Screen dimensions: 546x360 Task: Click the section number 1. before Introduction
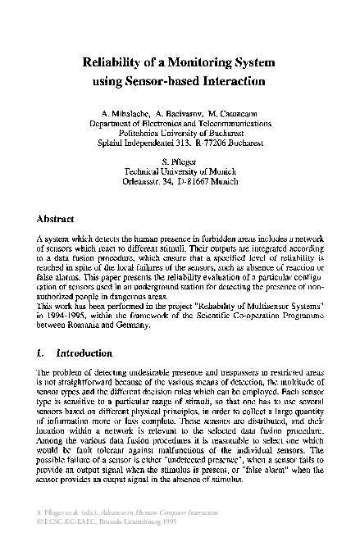coord(42,353)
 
